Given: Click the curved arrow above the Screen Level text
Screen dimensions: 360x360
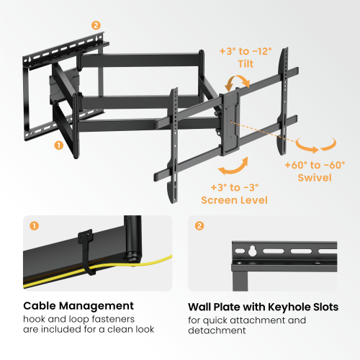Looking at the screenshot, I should tap(229, 168).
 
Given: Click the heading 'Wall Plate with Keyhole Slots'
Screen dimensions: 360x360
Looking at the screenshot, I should tap(263, 307).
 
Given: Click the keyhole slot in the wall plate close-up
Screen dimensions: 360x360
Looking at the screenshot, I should tap(252, 252).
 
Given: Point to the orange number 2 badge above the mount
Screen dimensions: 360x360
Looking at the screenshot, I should tap(96, 25).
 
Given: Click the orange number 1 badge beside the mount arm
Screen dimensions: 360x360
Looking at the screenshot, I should tap(56, 144).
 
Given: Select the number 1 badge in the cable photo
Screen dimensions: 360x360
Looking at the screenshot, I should tap(34, 225).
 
